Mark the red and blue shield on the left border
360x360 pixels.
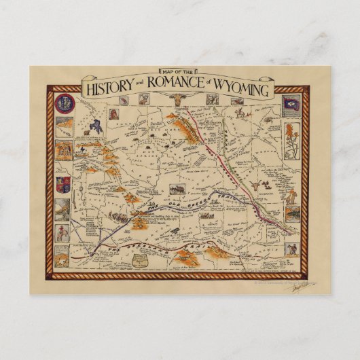(62, 181)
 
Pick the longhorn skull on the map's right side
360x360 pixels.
(259, 183)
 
